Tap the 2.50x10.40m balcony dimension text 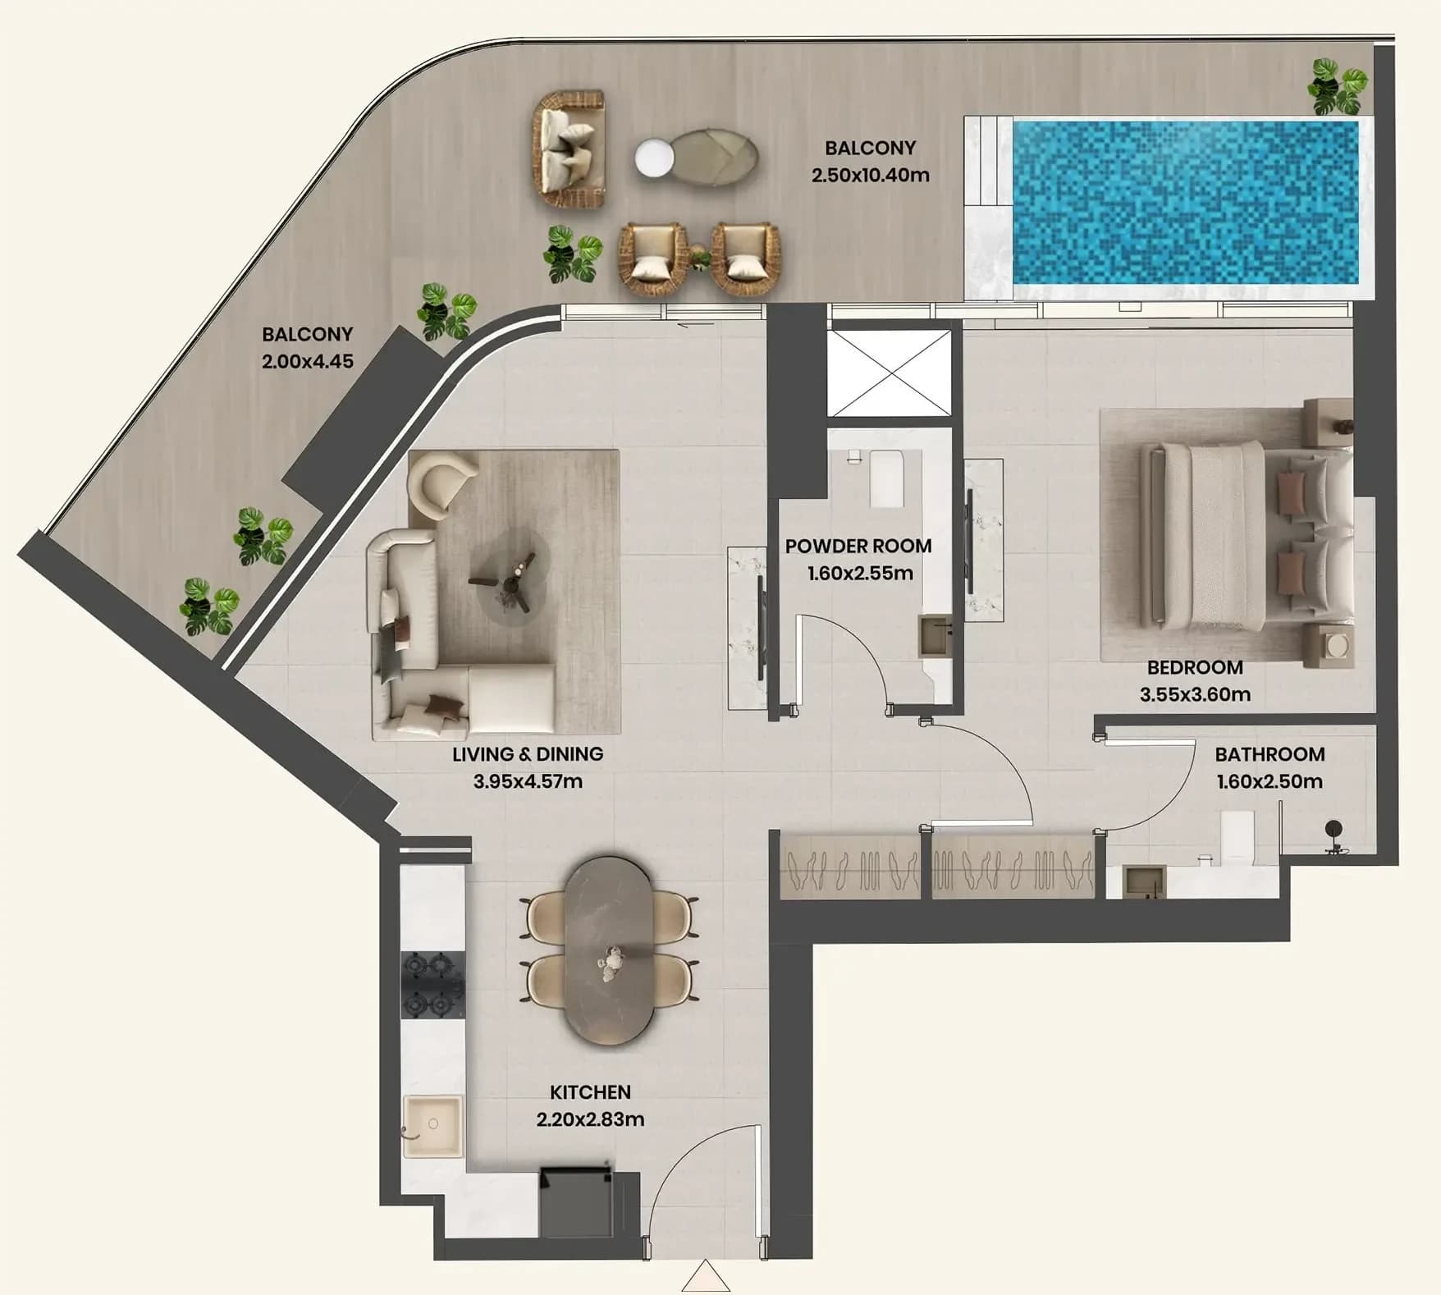coord(870,175)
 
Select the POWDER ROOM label coord(858,546)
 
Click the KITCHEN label coord(590,1092)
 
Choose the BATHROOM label coord(1269,754)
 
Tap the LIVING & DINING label coord(528,753)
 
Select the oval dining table coord(610,951)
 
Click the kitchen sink coord(432,1125)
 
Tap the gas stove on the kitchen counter coord(432,986)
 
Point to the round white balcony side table coord(654,158)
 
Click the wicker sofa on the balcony coord(570,149)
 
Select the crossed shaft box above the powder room coord(889,373)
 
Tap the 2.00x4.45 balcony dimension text coord(308,361)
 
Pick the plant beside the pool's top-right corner coord(1337,86)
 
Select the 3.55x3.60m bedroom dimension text coord(1195,694)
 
